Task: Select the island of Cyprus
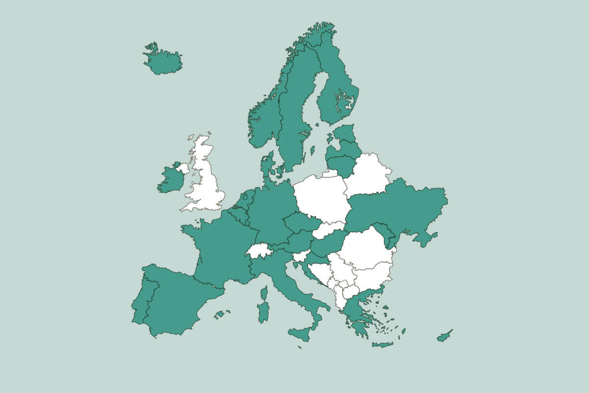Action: [x=444, y=337]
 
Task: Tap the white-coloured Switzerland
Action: [x=259, y=251]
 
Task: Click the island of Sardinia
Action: [x=264, y=312]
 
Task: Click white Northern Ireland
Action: [x=183, y=168]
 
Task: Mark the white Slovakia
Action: [x=328, y=229]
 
